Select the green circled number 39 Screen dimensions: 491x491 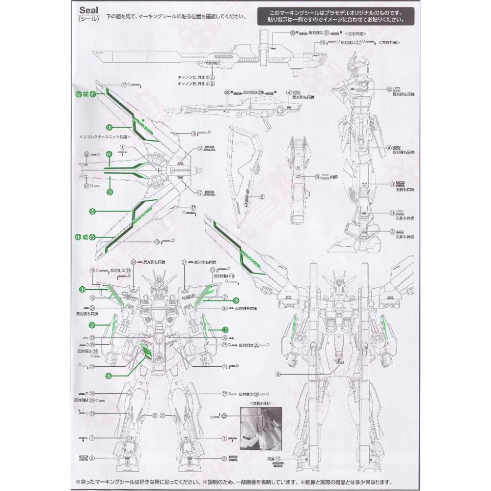click(109, 155)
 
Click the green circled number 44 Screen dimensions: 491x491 click(92, 211)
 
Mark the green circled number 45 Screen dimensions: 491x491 click(92, 325)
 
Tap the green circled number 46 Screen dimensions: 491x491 click(225, 330)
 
